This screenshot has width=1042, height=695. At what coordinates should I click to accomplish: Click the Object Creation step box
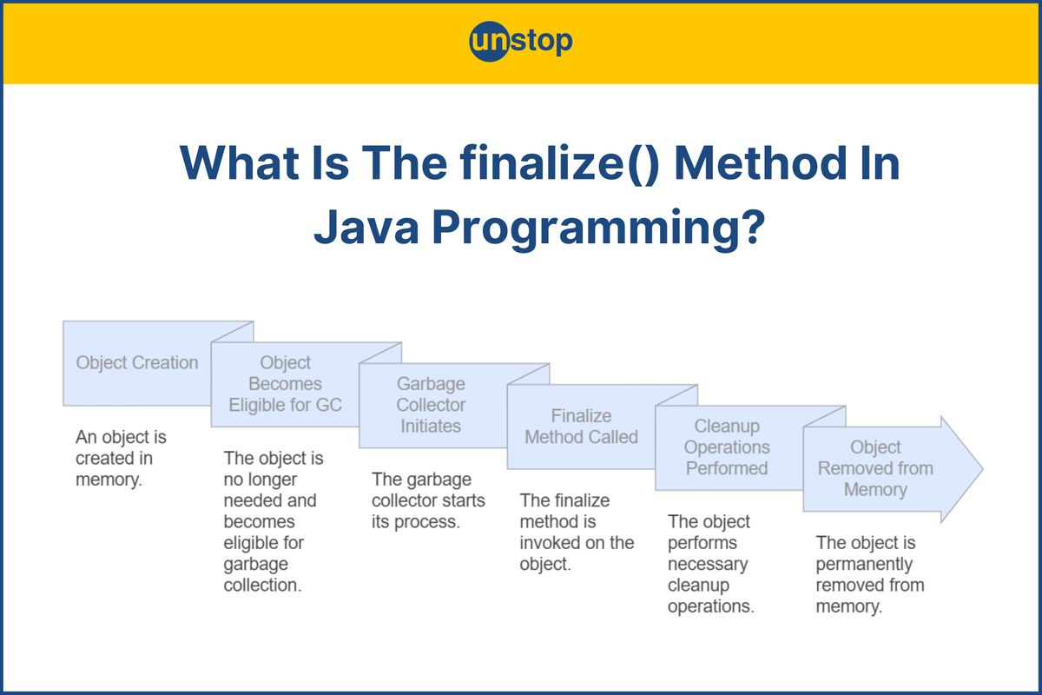pos(137,363)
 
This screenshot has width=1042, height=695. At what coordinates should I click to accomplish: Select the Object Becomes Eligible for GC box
pos(285,384)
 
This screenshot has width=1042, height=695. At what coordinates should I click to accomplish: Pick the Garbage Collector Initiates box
pos(432,405)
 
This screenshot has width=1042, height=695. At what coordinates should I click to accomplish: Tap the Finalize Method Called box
pos(581,427)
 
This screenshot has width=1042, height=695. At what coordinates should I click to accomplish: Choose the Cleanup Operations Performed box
pos(727,447)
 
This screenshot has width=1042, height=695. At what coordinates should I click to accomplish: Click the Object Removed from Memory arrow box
pos(875,468)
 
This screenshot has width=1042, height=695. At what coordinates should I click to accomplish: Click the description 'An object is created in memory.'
pos(121,458)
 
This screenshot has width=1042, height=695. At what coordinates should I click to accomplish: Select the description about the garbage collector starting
pos(428,500)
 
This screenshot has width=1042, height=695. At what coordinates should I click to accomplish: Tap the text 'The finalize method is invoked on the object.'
pos(577,532)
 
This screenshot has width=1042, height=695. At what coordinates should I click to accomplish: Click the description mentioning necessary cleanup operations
pos(710,564)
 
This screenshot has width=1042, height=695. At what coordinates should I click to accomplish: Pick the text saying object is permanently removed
pos(869,574)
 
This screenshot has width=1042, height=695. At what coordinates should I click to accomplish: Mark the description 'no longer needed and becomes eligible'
pos(270,521)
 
